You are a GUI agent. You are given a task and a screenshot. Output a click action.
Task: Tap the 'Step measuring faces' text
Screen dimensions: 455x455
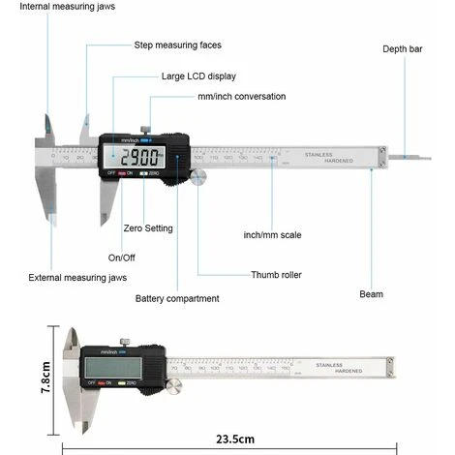(x=177, y=45)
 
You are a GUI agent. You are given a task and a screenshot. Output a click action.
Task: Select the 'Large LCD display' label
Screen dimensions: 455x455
(x=197, y=76)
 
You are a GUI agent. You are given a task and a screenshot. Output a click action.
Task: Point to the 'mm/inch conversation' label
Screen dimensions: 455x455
(x=241, y=97)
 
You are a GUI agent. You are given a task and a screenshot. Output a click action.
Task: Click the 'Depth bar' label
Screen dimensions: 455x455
(x=403, y=48)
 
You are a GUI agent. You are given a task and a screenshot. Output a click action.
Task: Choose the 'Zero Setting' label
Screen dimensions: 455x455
(x=148, y=228)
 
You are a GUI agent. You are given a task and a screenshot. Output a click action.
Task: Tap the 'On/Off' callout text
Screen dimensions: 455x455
(x=122, y=258)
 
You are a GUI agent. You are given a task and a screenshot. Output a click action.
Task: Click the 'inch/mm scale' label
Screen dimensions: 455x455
(x=270, y=235)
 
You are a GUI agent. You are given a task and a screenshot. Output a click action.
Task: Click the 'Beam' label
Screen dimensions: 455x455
(x=371, y=293)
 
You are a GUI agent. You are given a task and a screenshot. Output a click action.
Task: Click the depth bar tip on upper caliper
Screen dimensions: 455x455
(x=412, y=154)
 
